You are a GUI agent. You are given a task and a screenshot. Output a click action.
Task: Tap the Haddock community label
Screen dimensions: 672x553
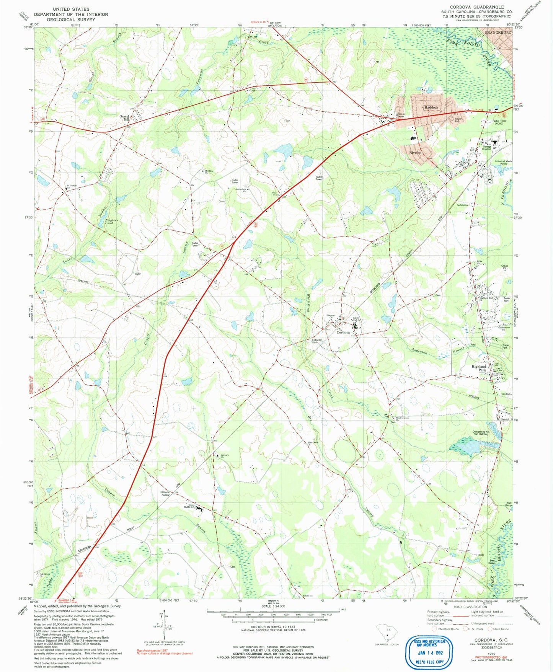click(431, 108)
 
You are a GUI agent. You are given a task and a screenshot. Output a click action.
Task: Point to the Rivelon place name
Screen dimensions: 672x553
click(415, 152)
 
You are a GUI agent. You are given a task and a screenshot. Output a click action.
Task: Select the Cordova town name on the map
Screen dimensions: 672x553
click(343, 333)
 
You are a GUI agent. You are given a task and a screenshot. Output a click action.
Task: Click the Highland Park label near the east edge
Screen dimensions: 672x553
click(478, 369)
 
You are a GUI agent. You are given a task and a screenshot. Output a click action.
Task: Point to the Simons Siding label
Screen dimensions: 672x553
click(165, 494)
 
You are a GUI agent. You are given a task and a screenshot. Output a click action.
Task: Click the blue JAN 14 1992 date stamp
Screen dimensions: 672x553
click(431, 653)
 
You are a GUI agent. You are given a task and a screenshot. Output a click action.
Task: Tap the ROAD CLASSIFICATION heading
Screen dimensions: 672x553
click(470, 607)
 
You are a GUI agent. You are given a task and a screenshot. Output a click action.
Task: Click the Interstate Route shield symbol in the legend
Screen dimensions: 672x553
click(434, 629)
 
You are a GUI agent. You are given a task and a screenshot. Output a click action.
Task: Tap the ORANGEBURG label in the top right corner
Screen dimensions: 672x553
click(498, 33)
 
